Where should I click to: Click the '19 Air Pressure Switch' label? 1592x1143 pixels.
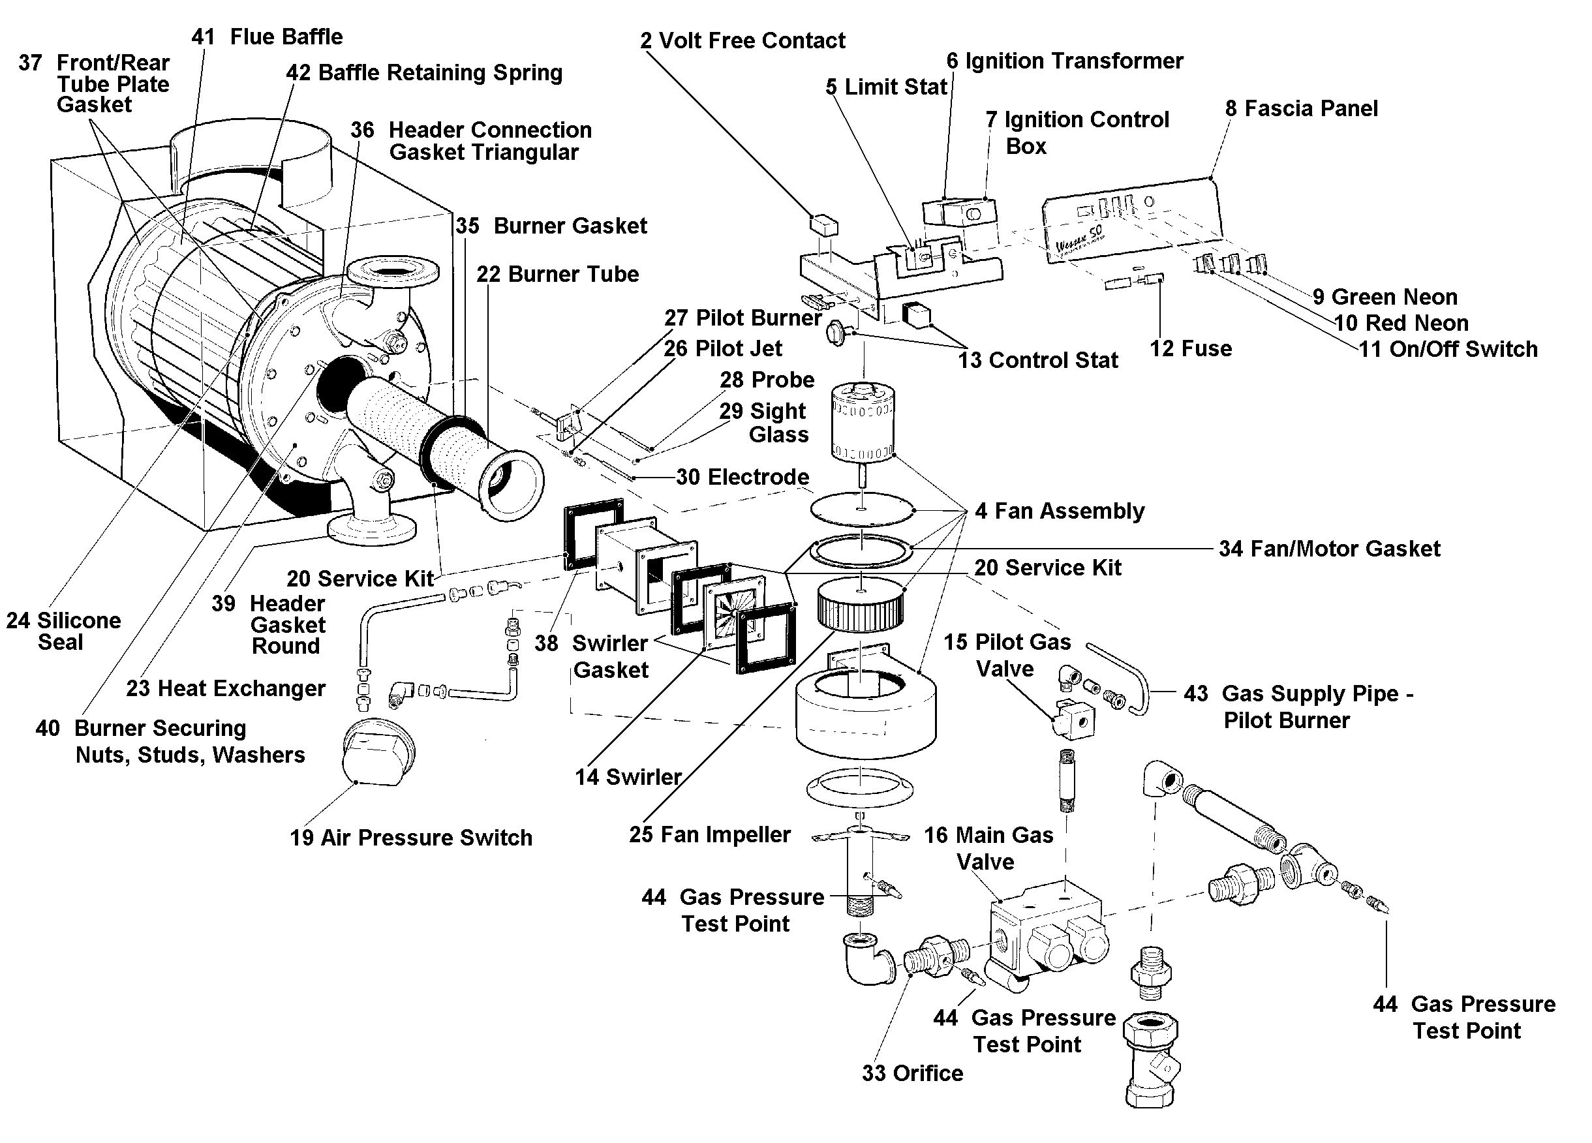point(410,838)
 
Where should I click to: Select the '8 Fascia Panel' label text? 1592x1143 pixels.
point(1302,109)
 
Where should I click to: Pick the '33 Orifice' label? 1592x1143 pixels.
point(913,1073)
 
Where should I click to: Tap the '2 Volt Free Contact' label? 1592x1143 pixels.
point(742,40)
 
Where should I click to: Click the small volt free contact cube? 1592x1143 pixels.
point(824,224)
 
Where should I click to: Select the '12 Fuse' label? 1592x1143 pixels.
point(1191,349)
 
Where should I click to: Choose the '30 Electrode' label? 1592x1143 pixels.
point(742,478)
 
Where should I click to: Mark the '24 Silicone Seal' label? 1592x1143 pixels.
point(63,630)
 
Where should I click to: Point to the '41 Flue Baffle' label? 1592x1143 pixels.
point(267,37)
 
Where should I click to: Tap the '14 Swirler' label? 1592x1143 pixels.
point(628,777)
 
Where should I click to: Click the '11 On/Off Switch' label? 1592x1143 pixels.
point(1447,349)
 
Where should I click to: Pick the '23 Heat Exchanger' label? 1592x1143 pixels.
point(225,688)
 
